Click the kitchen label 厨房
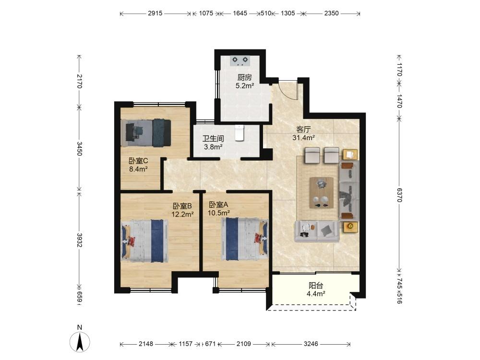[245, 78]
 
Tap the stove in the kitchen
[240, 60]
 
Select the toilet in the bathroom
[240, 133]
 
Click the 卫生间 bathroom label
[213, 139]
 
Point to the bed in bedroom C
[146, 133]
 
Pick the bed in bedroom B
[145, 241]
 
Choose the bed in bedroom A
[245, 239]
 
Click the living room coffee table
[322, 193]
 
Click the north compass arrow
[80, 342]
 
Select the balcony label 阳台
[316, 286]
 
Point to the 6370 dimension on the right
[399, 195]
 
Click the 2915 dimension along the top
[155, 13]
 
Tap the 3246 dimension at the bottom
[311, 344]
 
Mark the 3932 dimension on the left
[80, 240]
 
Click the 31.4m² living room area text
[304, 138]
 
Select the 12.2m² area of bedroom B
[182, 214]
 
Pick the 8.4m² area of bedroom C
[139, 169]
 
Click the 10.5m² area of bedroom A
[219, 213]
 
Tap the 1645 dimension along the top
[240, 13]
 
